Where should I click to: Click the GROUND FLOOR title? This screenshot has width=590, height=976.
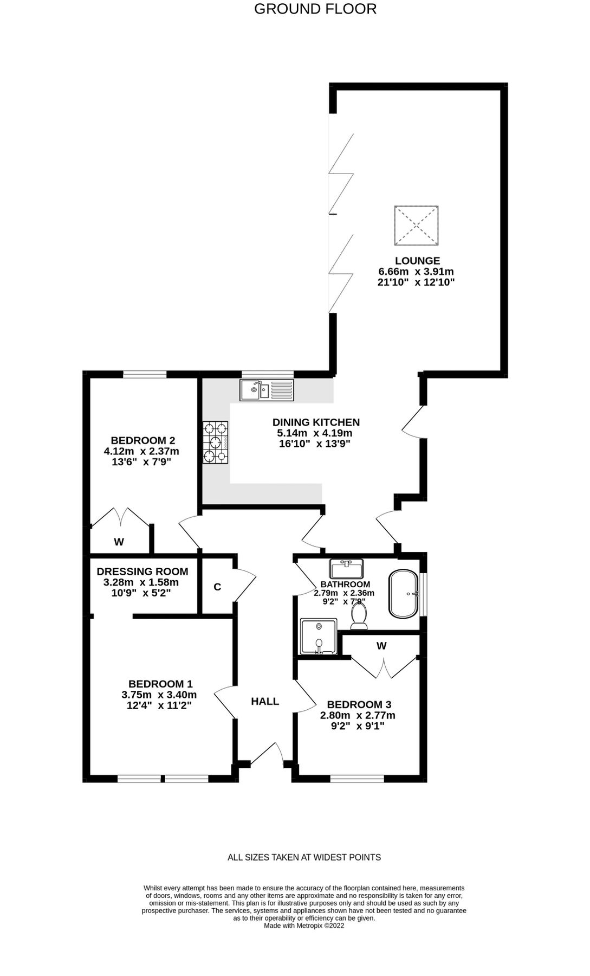pos(315,9)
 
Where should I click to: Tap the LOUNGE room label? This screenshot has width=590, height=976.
pos(417,261)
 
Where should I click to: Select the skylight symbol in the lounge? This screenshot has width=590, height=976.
pos(416,225)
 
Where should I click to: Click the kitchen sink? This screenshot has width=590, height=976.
pos(267,390)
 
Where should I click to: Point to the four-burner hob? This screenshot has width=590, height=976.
pos(216,443)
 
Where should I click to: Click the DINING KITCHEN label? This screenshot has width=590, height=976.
pos(316,422)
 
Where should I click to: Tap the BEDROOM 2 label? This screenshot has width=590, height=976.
pos(142,440)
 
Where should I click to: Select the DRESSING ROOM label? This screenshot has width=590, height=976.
pos(142,572)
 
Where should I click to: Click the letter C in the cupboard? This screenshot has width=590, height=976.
pos(217,587)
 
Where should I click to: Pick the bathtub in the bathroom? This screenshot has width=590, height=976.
pos(404,594)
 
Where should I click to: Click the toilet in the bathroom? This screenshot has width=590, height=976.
pos(359,616)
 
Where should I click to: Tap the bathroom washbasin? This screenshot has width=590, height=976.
pos(346,569)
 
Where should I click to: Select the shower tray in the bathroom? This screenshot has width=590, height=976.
pos(319,637)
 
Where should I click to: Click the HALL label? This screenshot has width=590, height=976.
pos(265,701)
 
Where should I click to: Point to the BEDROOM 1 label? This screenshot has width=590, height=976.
pos(160,684)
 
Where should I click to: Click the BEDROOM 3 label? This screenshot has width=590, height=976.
pos(359,704)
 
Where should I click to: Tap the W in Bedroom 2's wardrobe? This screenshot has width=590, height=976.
pos(119,542)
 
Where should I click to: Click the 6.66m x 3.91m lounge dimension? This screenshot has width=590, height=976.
pos(416,272)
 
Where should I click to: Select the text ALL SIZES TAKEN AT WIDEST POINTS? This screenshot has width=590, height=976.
pos(304,857)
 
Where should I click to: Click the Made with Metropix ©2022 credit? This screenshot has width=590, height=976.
pos(304,926)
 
